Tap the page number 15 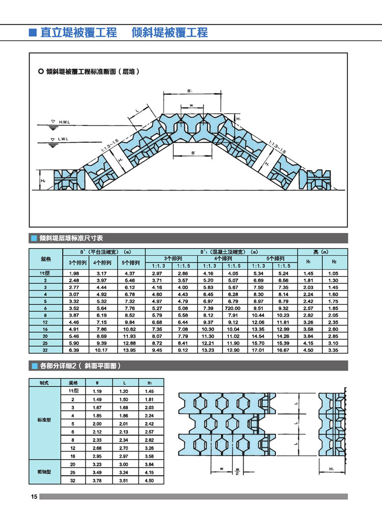(34, 497)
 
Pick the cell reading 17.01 (259, 350)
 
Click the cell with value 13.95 (130, 350)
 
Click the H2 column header (334, 262)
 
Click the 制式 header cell (44, 382)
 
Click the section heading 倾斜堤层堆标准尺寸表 (71, 238)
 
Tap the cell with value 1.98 (73, 274)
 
